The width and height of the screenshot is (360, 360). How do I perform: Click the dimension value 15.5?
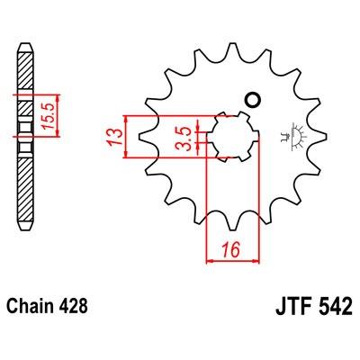pyautogui.click(x=48, y=116)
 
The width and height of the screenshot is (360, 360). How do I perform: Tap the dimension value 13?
pyautogui.click(x=115, y=137)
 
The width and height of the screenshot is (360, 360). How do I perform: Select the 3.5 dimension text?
pyautogui.click(x=184, y=139)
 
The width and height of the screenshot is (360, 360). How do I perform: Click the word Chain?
pyautogui.click(x=26, y=306)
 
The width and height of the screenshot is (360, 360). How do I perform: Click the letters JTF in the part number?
pyautogui.click(x=293, y=306)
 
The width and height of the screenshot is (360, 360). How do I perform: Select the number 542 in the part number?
pyautogui.click(x=334, y=306)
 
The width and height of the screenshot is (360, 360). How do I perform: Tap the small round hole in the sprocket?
pyautogui.click(x=251, y=100)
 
